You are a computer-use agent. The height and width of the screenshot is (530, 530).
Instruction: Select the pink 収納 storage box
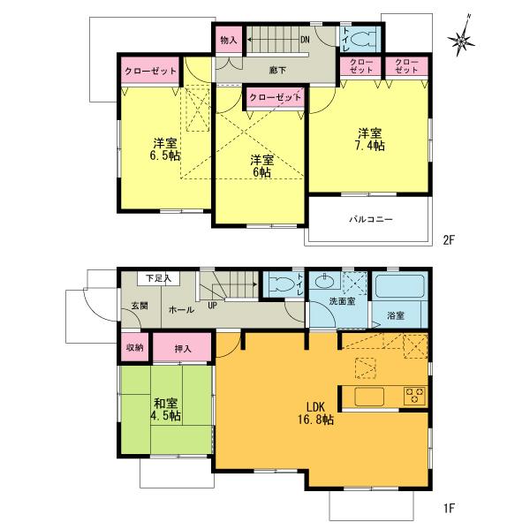[x=134, y=347]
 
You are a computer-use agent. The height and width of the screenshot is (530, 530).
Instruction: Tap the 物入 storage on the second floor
[x=229, y=41]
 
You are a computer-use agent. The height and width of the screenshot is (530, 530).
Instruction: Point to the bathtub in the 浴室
[x=400, y=286]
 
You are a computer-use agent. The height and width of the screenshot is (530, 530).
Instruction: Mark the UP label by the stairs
[x=212, y=306]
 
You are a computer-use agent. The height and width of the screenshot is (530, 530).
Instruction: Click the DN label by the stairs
[x=304, y=40]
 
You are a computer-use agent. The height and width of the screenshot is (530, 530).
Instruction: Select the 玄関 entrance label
[x=140, y=306]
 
